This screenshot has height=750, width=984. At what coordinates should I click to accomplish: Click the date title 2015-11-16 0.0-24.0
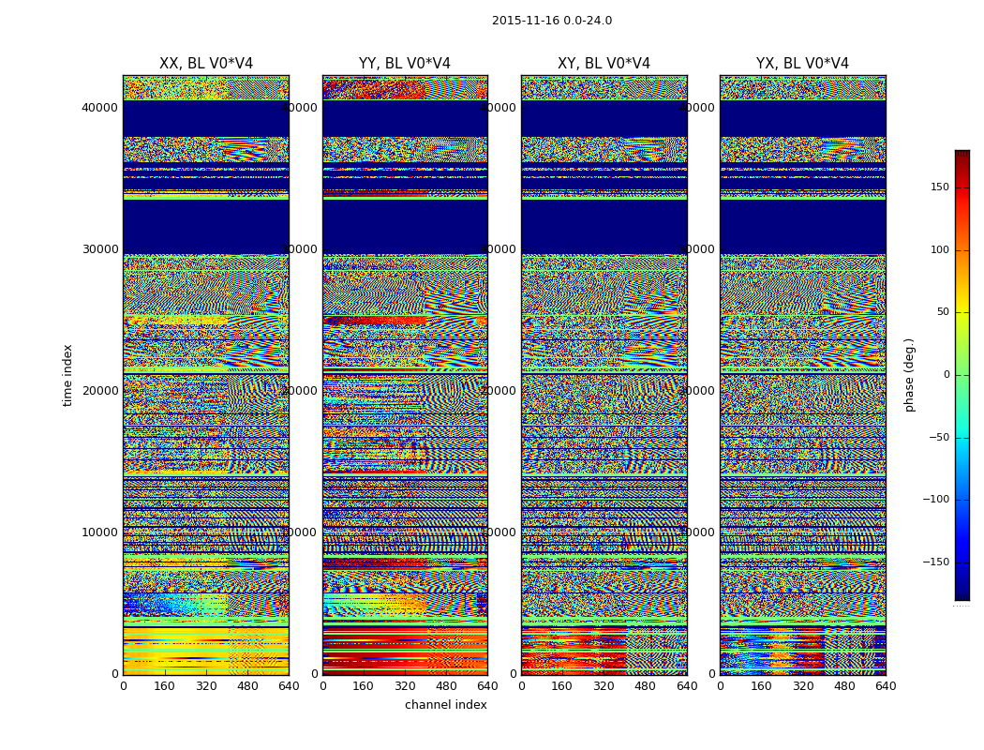click(x=552, y=21)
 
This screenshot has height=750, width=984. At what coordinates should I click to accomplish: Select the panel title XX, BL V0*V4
click(x=206, y=64)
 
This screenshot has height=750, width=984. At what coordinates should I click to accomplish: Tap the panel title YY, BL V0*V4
click(x=405, y=64)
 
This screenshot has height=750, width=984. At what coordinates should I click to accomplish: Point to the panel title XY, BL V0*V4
click(x=604, y=64)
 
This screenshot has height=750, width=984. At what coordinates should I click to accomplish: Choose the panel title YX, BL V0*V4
click(x=802, y=64)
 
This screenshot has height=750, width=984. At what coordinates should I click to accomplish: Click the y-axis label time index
click(x=67, y=374)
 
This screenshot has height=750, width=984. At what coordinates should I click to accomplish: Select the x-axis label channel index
click(x=446, y=705)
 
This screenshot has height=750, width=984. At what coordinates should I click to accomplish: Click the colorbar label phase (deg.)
click(x=909, y=375)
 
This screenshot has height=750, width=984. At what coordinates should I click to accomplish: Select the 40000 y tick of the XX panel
click(x=100, y=108)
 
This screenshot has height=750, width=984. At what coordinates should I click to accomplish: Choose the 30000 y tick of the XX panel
click(x=100, y=249)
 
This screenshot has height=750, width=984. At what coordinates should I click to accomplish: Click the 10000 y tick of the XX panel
click(x=100, y=532)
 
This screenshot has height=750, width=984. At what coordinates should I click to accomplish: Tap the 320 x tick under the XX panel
click(x=206, y=686)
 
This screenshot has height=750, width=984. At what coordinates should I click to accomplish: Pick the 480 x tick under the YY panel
click(x=446, y=686)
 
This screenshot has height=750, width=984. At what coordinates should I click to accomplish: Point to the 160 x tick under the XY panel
click(x=562, y=686)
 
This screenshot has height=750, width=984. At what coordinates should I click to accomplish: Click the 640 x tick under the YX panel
click(x=886, y=686)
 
